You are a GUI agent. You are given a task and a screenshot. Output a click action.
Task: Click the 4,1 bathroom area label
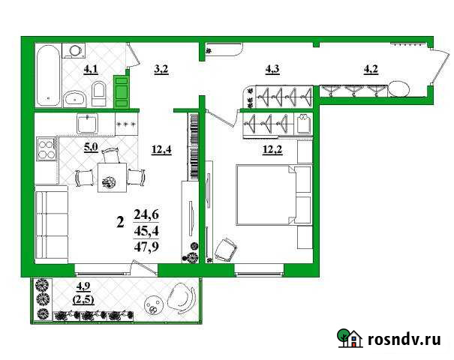[x=91, y=70]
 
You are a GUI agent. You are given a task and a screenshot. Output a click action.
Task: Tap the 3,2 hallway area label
[x=161, y=70]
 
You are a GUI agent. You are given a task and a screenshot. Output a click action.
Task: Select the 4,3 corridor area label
[x=272, y=70]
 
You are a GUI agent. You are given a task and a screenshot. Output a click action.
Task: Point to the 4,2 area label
[x=371, y=70]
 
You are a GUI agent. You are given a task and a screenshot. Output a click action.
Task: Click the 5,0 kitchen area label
[x=91, y=147]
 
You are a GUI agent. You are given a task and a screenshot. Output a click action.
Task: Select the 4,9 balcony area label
[x=83, y=285]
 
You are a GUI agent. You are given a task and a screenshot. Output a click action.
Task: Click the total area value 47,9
[x=146, y=246]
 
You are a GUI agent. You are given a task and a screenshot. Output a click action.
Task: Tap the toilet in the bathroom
[x=99, y=94]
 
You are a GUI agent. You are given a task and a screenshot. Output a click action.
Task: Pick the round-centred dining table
[x=110, y=178]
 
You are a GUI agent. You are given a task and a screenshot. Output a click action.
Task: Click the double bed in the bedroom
[x=265, y=194]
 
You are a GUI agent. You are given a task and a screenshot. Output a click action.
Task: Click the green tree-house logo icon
[x=347, y=339]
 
